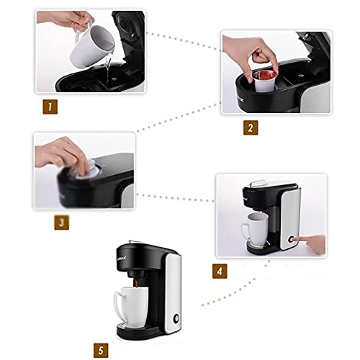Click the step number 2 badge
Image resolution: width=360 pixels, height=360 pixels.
pos(249,129)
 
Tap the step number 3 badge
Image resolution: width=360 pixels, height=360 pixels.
pos(62,223)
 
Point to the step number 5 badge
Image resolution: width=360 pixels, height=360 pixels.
pos(104,351)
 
